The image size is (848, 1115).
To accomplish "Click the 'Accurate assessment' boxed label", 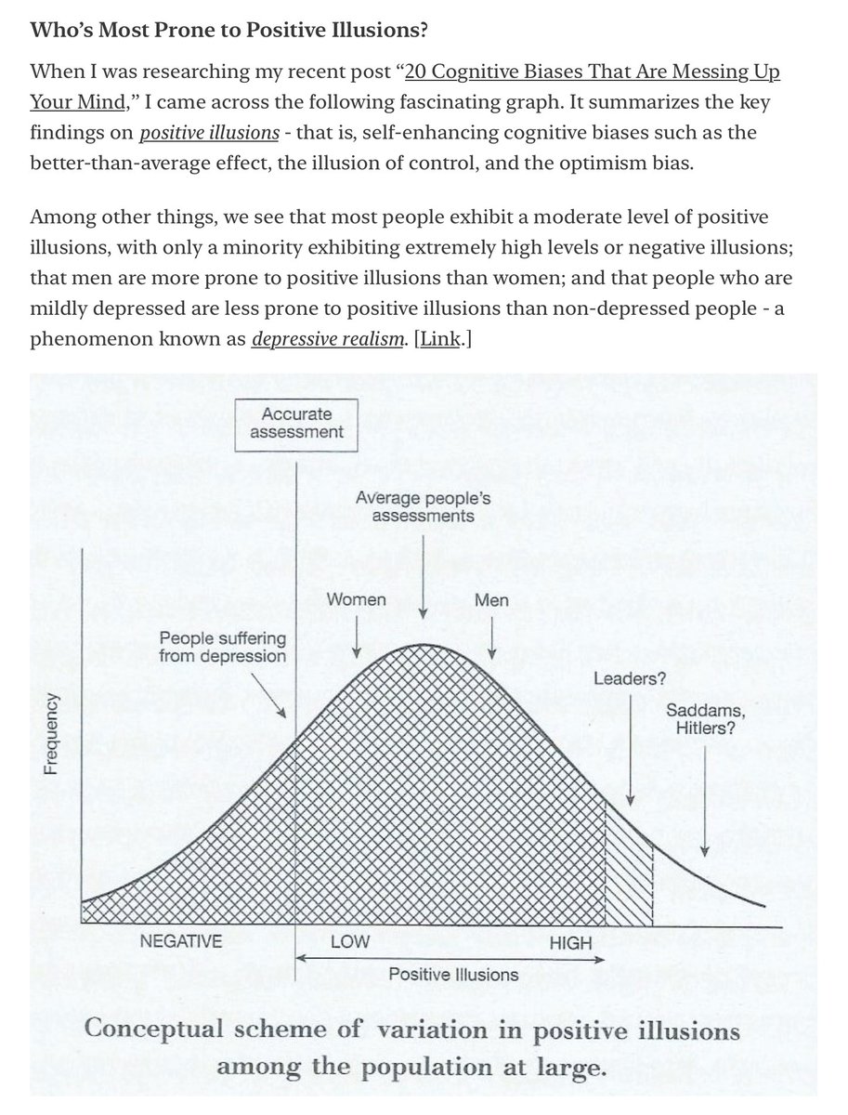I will tap(296, 423).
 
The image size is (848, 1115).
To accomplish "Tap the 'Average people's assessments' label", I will tap(423, 507).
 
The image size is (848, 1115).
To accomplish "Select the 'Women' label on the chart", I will tap(356, 599).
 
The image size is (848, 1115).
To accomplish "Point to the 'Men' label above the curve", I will tap(491, 600).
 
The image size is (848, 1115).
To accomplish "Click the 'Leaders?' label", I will tap(629, 678).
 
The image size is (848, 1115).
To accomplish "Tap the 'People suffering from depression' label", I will tap(223, 648).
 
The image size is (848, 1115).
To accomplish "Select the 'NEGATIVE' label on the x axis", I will tap(181, 941).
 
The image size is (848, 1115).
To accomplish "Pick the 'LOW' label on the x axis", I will tap(349, 941).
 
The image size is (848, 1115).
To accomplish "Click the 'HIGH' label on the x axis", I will tap(570, 943).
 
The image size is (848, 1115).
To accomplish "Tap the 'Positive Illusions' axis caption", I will tap(453, 974).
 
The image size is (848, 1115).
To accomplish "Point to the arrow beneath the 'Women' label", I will tap(357, 639).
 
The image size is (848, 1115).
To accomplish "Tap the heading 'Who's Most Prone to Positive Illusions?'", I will tap(229, 30).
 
